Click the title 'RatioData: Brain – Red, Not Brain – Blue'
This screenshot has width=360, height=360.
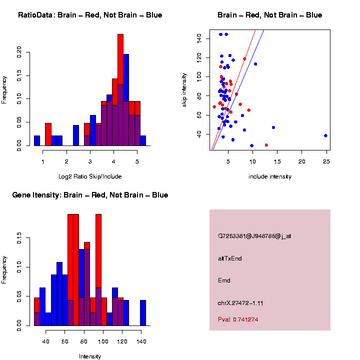click(90, 15)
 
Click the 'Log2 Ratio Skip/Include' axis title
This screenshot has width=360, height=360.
click(90, 176)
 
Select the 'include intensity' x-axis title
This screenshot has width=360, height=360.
click(270, 176)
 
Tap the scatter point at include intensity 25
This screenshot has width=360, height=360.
click(325, 135)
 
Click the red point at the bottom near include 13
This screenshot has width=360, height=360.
click(266, 145)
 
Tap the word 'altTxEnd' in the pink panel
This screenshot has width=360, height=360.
click(230, 258)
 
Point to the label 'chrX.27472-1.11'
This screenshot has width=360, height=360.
click(240, 302)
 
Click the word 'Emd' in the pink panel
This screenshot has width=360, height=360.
click(224, 280)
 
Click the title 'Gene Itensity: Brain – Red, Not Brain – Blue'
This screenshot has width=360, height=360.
click(90, 195)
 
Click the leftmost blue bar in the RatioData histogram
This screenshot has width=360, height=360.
click(37, 140)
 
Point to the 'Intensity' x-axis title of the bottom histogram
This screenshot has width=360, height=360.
click(90, 356)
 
